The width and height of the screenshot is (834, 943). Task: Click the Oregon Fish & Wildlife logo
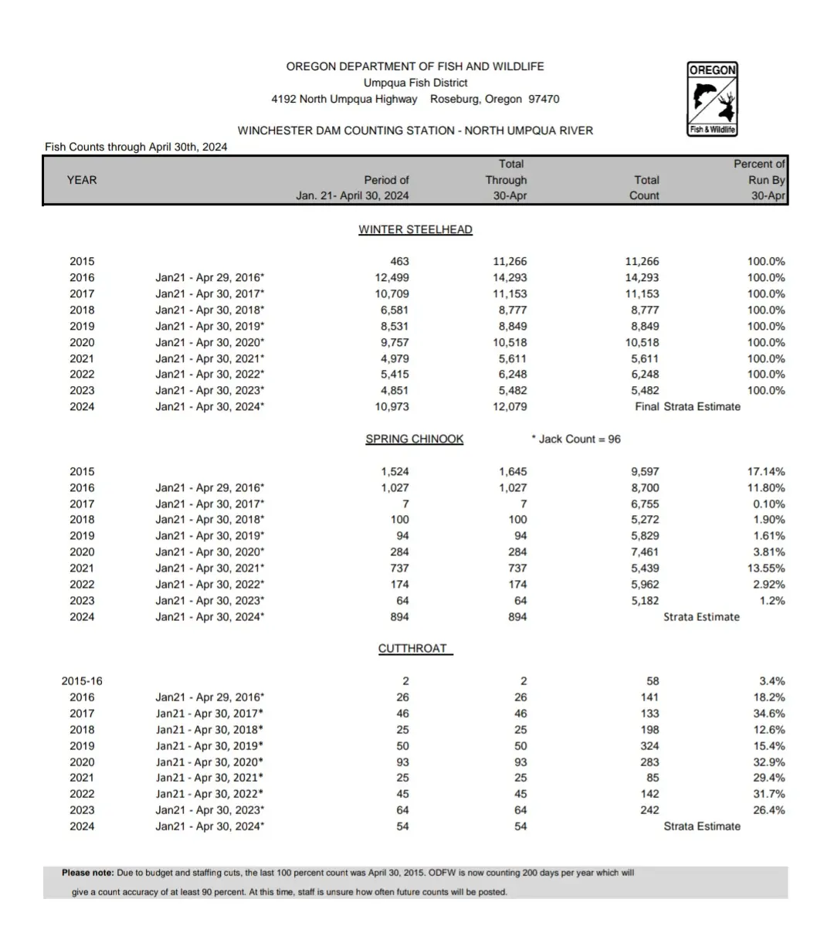(x=712, y=99)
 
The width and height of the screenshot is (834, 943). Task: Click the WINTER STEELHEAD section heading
(x=415, y=229)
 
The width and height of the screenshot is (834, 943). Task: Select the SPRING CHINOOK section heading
(x=415, y=439)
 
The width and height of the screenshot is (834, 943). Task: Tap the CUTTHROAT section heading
(x=413, y=648)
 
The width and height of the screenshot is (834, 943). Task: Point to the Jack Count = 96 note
(x=576, y=439)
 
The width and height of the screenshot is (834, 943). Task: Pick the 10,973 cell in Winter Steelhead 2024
(x=390, y=406)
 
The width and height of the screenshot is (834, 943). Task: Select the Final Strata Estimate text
(x=687, y=406)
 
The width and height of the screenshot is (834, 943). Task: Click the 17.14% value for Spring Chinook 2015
(x=766, y=471)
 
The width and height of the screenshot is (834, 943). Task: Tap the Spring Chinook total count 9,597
(x=645, y=471)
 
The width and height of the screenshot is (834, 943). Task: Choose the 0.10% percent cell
(x=768, y=504)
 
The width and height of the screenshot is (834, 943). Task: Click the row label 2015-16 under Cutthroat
(x=82, y=681)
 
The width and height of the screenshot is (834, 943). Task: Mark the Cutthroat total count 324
(x=649, y=746)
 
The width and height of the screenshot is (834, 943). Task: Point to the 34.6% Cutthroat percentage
(x=769, y=714)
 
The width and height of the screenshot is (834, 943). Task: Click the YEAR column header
(x=82, y=180)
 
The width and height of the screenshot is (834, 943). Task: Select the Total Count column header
(x=645, y=188)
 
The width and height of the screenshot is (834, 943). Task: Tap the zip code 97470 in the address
(x=544, y=99)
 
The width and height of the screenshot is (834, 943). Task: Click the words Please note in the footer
(x=87, y=873)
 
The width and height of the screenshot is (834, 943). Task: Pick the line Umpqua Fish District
(x=415, y=83)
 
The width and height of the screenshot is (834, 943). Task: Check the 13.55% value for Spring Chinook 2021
(x=766, y=568)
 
